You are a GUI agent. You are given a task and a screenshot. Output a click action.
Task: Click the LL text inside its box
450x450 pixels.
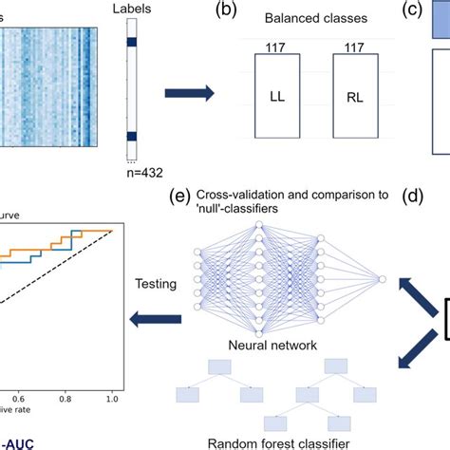[278, 97]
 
